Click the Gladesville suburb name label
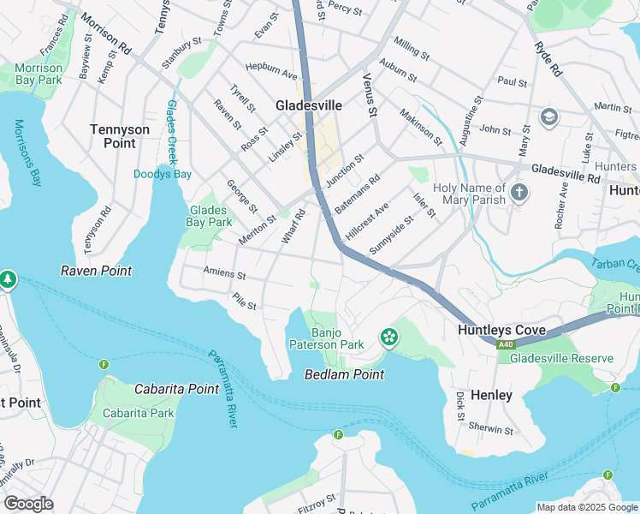pyautogui.click(x=308, y=105)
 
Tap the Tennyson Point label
pyautogui.click(x=120, y=136)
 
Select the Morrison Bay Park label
pyautogui.click(x=39, y=74)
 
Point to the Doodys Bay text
pyautogui.click(x=163, y=174)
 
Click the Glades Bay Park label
pyautogui.click(x=210, y=216)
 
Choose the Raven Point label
pyautogui.click(x=96, y=271)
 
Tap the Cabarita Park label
pyautogui.click(x=138, y=413)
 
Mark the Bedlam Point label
pyautogui.click(x=345, y=374)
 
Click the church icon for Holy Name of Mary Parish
pyautogui.click(x=519, y=194)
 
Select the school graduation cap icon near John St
pyautogui.click(x=548, y=117)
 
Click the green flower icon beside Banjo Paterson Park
pyautogui.click(x=389, y=337)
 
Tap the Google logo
pyautogui.click(x=28, y=504)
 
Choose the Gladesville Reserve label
pyautogui.click(x=561, y=358)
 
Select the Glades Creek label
pyautogui.click(x=172, y=132)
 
